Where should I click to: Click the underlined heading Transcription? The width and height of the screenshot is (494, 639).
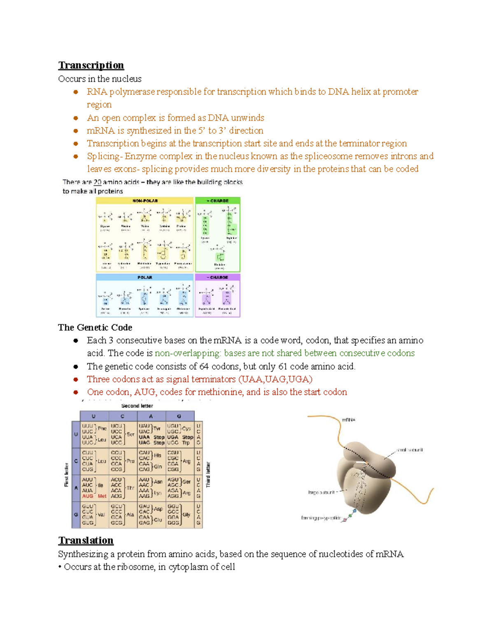(91, 65)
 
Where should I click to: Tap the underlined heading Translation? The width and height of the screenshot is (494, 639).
(86, 540)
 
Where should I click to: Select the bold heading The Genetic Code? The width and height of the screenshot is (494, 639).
(95, 328)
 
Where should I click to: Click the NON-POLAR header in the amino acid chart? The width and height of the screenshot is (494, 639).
(145, 201)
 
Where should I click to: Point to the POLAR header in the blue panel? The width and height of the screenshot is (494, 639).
(144, 277)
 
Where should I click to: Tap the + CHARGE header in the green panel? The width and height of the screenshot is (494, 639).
(218, 201)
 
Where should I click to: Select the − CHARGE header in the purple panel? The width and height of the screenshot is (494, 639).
(217, 277)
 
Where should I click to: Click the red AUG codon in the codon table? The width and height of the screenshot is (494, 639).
(87, 496)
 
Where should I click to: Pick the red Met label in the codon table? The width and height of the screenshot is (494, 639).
(102, 496)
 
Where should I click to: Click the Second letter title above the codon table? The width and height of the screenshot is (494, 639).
(137, 406)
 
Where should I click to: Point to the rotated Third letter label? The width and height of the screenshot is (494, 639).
(208, 474)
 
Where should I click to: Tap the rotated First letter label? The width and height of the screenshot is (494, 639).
(66, 474)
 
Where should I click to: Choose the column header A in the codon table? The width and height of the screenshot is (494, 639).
(151, 416)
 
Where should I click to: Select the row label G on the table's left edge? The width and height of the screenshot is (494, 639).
(76, 515)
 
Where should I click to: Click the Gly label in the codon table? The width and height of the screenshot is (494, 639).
(186, 515)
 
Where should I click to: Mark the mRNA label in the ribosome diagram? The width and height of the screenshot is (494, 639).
(348, 420)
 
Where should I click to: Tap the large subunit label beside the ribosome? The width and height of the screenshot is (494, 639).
(321, 492)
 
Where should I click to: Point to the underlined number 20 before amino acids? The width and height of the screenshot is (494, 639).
(97, 182)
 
